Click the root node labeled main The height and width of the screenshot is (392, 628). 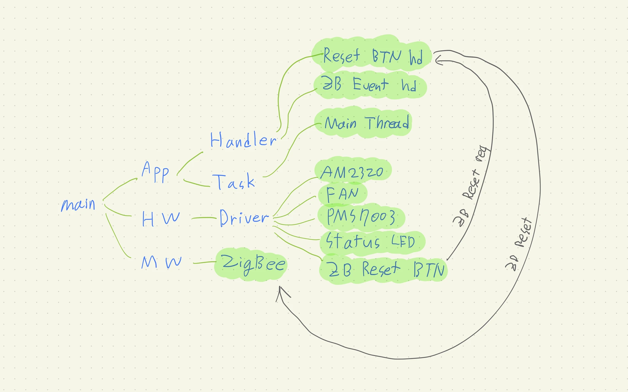pos(78,205)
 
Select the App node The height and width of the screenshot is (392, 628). pos(155,172)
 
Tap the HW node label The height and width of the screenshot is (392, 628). pos(161,219)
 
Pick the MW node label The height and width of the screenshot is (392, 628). pos(161,262)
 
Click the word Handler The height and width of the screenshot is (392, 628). pos(243,140)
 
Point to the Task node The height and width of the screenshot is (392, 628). pos(234,182)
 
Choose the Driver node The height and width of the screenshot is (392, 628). pos(244,218)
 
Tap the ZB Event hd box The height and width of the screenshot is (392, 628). pos(370,85)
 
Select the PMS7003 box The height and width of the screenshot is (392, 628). pos(361,217)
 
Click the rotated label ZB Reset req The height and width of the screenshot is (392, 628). pos(471,186)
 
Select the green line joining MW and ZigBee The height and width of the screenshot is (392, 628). pos(205,262)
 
